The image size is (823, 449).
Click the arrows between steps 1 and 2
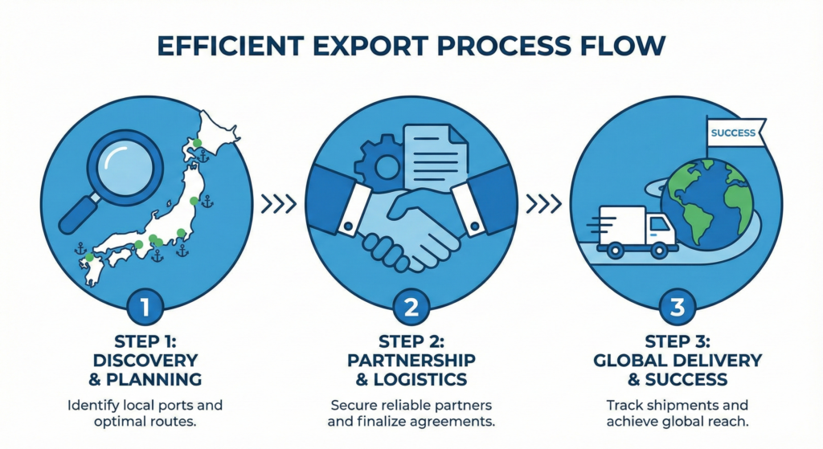[279, 203]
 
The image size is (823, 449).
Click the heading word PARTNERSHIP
[411, 359]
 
